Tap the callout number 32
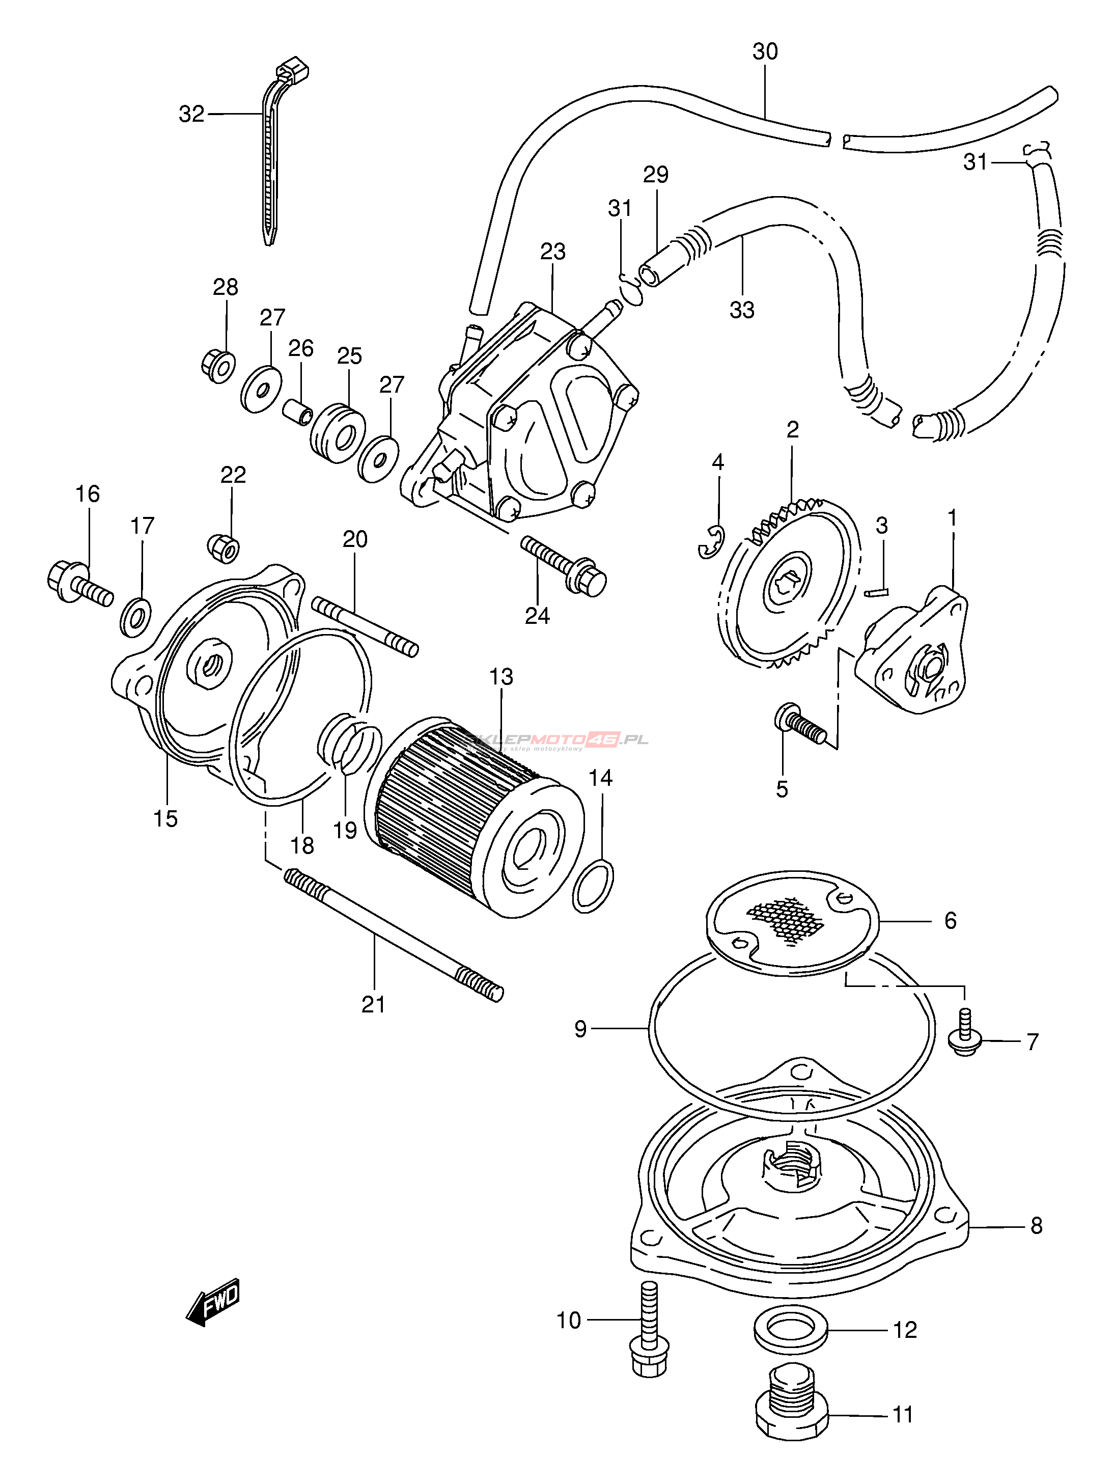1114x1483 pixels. (x=191, y=115)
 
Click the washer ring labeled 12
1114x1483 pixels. (x=791, y=1330)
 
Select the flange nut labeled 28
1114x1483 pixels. (x=218, y=365)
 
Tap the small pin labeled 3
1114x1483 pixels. (x=875, y=591)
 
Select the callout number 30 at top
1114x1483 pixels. (x=765, y=51)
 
